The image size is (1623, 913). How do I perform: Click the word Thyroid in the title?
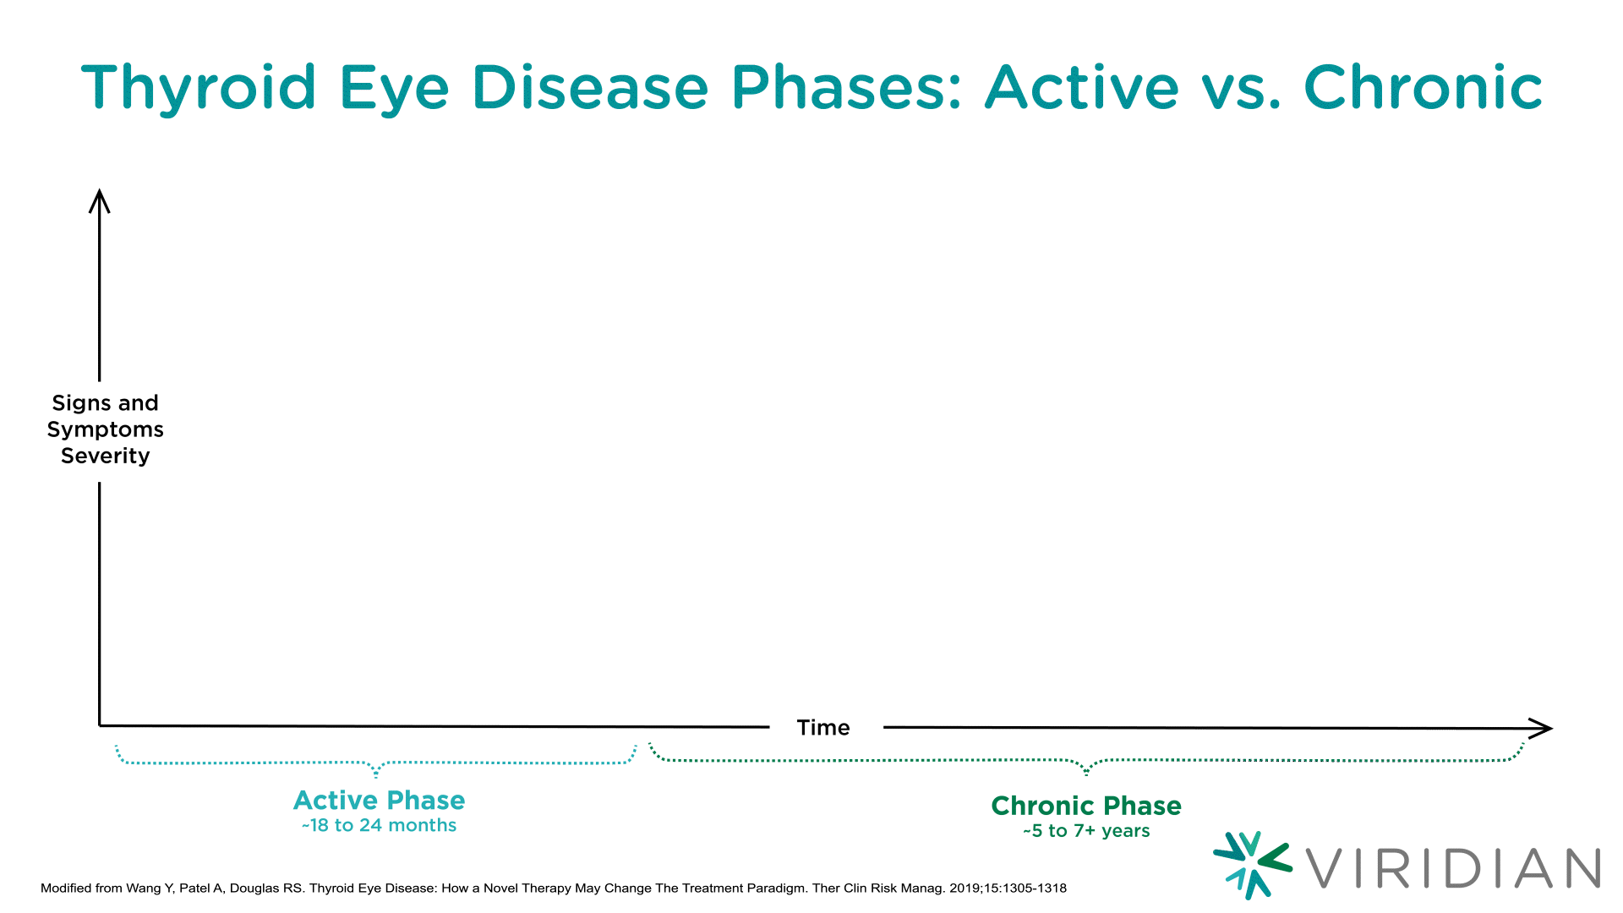[199, 89]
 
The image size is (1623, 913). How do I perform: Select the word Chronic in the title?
[1424, 87]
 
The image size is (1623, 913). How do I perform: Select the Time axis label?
[823, 727]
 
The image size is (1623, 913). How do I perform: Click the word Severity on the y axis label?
[106, 456]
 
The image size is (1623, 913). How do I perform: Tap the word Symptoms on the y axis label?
[106, 429]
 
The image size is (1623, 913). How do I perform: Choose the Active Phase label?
[380, 800]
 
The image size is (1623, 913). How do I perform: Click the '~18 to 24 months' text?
[379, 825]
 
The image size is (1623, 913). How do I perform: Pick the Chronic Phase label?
[1086, 806]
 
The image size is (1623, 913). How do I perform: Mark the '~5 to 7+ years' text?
[1086, 831]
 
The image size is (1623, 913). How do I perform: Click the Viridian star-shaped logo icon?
[1253, 865]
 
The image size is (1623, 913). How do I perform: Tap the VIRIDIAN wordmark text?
[1453, 868]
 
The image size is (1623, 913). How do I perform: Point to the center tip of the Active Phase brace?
[376, 775]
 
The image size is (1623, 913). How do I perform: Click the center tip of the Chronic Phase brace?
[1086, 773]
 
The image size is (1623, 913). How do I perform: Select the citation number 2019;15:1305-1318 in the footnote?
[1008, 888]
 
